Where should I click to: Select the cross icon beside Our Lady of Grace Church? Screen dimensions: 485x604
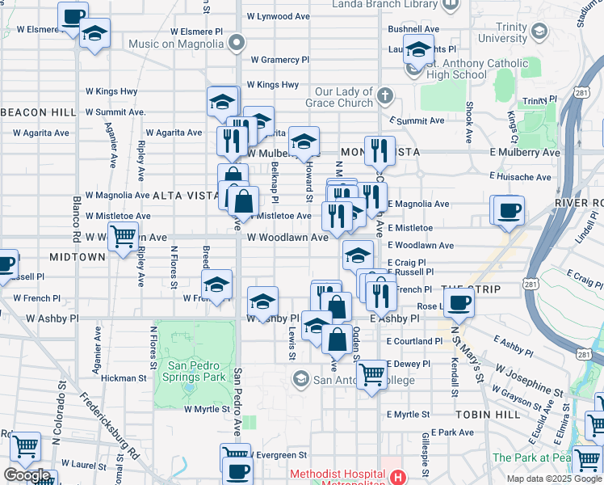[386, 97]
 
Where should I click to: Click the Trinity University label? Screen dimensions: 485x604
[502, 32]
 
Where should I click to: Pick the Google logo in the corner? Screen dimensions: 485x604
[27, 475]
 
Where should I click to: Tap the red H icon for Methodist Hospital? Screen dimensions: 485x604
[397, 477]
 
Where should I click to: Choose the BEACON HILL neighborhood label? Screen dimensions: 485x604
[27, 112]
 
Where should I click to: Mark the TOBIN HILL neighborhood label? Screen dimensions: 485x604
[480, 414]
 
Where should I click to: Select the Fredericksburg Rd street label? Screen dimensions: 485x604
[109, 425]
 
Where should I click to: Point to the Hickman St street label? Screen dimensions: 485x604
[124, 377]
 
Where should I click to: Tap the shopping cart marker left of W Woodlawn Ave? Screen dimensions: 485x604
[122, 236]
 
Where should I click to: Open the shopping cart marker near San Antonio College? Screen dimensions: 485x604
[371, 373]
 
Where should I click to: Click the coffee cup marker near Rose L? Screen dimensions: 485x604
[459, 302]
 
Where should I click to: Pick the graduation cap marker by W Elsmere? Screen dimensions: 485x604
[95, 34]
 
